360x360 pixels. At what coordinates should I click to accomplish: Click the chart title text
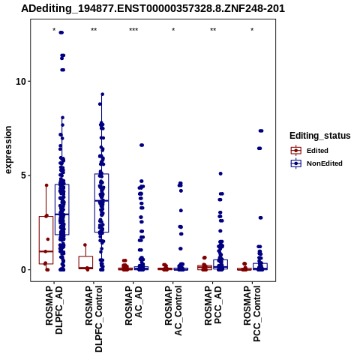(153, 9)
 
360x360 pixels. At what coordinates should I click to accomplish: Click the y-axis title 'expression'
(8, 150)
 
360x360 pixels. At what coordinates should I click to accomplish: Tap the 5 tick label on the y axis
(23, 175)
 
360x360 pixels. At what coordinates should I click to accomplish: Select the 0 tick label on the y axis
(23, 270)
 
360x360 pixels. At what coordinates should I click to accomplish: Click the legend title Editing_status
(320, 136)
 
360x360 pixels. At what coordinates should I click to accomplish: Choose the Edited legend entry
(317, 151)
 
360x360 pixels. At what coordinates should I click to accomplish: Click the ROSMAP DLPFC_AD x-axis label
(54, 310)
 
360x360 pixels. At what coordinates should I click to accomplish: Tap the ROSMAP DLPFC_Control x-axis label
(94, 319)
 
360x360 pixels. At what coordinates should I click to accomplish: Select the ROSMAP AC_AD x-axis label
(133, 305)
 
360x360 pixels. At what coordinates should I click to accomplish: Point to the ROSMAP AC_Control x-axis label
(173, 310)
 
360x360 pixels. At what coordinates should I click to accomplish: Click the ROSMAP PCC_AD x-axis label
(213, 305)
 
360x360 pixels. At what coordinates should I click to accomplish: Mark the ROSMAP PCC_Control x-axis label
(252, 313)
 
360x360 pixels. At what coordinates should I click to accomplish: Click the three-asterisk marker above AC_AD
(133, 30)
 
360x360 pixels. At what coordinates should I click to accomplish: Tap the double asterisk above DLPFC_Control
(94, 30)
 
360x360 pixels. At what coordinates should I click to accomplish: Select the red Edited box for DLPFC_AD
(46, 240)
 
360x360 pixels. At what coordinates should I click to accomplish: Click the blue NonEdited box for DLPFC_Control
(101, 203)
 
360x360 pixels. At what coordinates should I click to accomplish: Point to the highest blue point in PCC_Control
(261, 130)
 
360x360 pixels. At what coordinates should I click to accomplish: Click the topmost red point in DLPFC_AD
(46, 185)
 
